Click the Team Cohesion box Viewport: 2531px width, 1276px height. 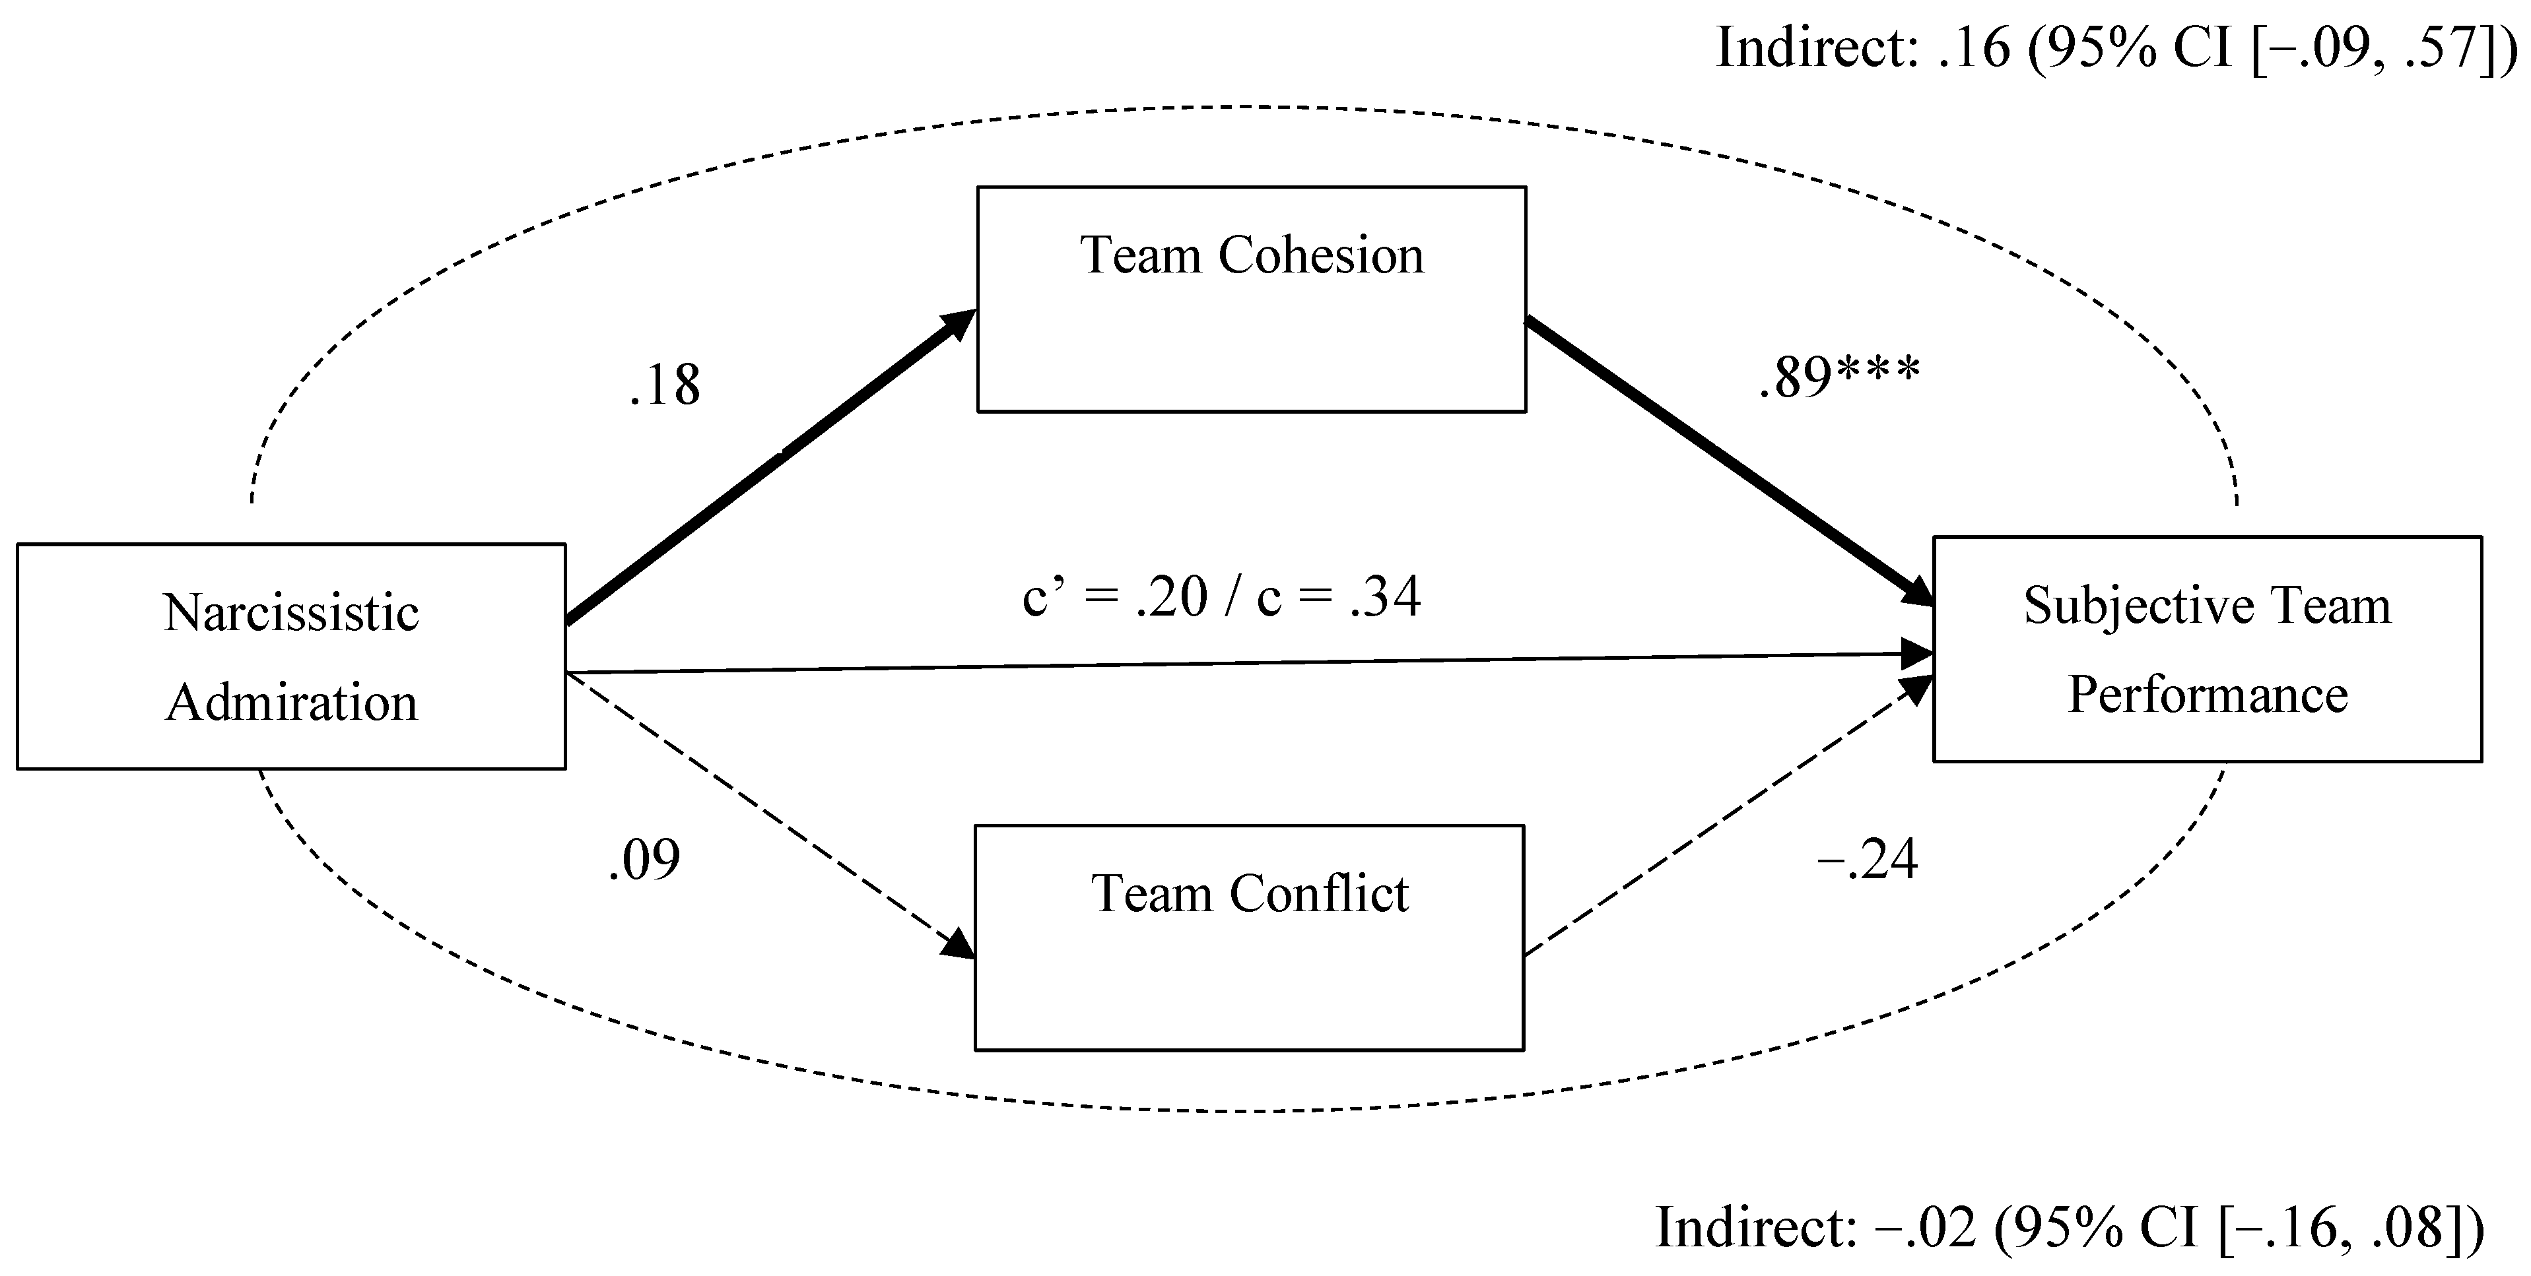point(1251,299)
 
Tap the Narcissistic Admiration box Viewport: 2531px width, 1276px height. point(291,656)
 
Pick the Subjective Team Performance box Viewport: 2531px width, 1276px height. point(2207,649)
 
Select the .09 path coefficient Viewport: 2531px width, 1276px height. point(644,860)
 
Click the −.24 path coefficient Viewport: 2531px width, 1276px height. point(1867,860)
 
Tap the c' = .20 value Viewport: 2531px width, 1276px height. point(1114,596)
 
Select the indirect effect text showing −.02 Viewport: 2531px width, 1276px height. point(2069,1227)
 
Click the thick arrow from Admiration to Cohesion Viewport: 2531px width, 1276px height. point(766,466)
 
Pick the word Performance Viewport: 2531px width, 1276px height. point(2207,695)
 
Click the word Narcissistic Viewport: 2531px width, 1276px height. point(291,613)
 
